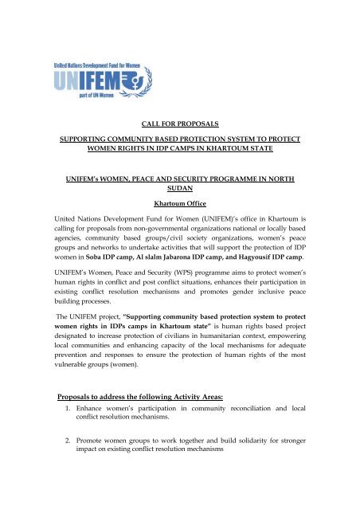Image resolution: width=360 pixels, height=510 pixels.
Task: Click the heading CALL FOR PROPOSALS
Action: (x=180, y=125)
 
